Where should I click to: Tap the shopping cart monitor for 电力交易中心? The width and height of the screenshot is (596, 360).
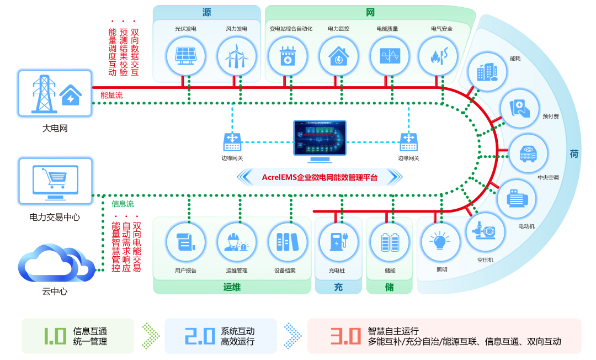click(55, 179)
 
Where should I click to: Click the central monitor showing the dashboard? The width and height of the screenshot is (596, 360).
click(320, 140)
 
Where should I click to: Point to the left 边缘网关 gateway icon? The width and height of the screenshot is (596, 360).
click(232, 141)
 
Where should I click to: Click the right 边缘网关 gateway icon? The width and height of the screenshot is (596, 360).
click(408, 141)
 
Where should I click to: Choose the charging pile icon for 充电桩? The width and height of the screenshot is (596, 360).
click(336, 242)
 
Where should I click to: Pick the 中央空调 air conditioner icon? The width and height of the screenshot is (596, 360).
click(528, 153)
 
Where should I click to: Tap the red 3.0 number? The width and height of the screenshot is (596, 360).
click(345, 336)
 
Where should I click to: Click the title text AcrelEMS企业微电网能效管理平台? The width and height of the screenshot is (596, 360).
click(320, 177)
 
